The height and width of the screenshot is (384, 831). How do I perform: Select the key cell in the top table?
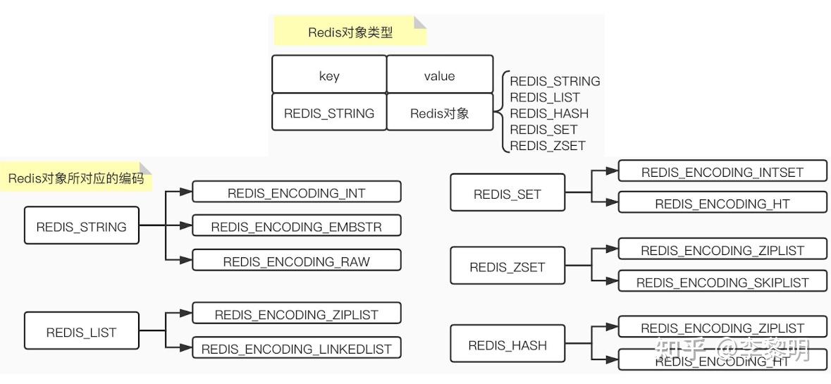(x=329, y=75)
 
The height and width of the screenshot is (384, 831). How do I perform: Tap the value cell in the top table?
(x=439, y=75)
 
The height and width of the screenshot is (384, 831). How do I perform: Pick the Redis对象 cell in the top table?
(x=439, y=113)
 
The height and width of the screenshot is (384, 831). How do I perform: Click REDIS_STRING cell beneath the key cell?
(x=329, y=113)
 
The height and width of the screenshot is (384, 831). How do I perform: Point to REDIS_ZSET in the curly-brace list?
(x=548, y=146)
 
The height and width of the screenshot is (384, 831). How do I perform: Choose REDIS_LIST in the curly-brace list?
(x=545, y=97)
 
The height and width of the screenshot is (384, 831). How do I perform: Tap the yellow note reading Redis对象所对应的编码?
(x=76, y=178)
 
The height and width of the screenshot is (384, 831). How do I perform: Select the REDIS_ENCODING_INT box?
(x=296, y=192)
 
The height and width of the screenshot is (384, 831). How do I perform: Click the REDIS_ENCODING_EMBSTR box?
(x=296, y=226)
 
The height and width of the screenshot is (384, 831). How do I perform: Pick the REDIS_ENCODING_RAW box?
(x=296, y=261)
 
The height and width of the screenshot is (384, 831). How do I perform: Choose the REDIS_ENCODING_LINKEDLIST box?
(x=296, y=348)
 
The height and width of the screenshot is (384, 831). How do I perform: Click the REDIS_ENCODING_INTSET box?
(x=722, y=171)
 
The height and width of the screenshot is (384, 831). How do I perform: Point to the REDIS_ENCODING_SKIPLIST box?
(x=722, y=282)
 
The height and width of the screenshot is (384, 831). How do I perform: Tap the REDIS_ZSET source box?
(x=507, y=266)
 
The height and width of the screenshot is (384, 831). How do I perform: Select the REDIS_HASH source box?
(x=507, y=345)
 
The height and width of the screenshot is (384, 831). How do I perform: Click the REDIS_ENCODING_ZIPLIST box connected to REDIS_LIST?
(x=296, y=314)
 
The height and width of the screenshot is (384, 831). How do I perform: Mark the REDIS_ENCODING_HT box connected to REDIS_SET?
(x=722, y=204)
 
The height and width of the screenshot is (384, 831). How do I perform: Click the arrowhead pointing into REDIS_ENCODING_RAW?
(x=186, y=260)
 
